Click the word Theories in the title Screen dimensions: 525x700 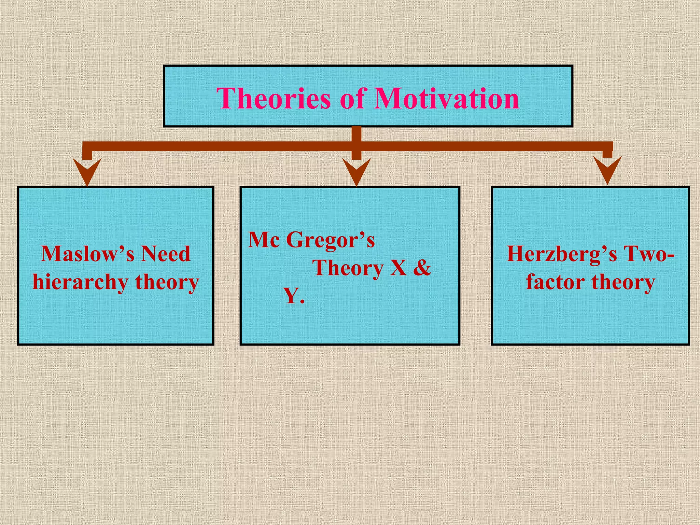(x=273, y=98)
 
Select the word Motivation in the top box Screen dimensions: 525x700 (x=447, y=98)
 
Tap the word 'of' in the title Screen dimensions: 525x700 (x=353, y=98)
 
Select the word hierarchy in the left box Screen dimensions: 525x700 (x=80, y=283)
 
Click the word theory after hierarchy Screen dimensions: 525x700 (x=167, y=283)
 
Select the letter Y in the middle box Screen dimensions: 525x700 (x=291, y=296)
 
